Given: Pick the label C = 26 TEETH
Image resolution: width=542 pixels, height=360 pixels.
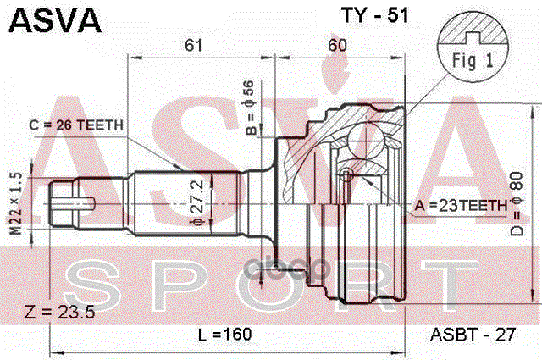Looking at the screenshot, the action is (x=76, y=125).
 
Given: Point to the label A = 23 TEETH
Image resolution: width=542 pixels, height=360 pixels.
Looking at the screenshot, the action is (x=462, y=204).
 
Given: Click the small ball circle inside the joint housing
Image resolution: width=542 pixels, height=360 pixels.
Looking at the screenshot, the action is (x=346, y=174).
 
